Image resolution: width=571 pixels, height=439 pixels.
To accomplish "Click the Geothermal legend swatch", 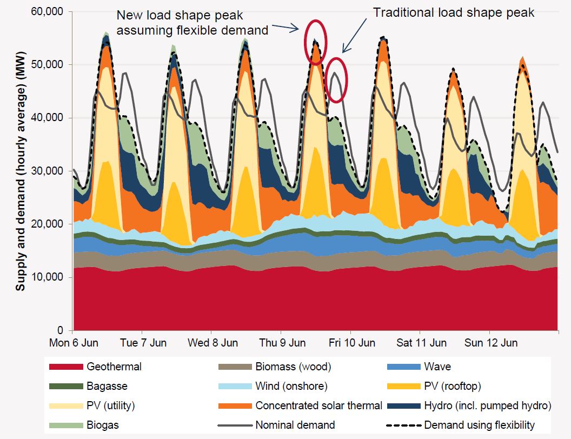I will [65, 367].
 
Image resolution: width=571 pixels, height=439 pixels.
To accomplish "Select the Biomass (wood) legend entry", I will [293, 367].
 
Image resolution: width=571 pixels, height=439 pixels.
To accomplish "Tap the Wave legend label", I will [437, 367].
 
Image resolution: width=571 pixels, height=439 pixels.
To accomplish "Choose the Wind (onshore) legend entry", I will [291, 387].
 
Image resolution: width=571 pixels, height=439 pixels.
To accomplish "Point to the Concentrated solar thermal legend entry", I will [319, 405].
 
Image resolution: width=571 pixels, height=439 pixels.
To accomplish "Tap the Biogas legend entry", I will [102, 425].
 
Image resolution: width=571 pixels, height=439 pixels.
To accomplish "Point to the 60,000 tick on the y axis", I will [48, 12].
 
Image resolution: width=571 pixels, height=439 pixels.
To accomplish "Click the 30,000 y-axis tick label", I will [48, 171].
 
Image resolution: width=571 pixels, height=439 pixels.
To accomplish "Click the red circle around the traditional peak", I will [337, 80].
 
